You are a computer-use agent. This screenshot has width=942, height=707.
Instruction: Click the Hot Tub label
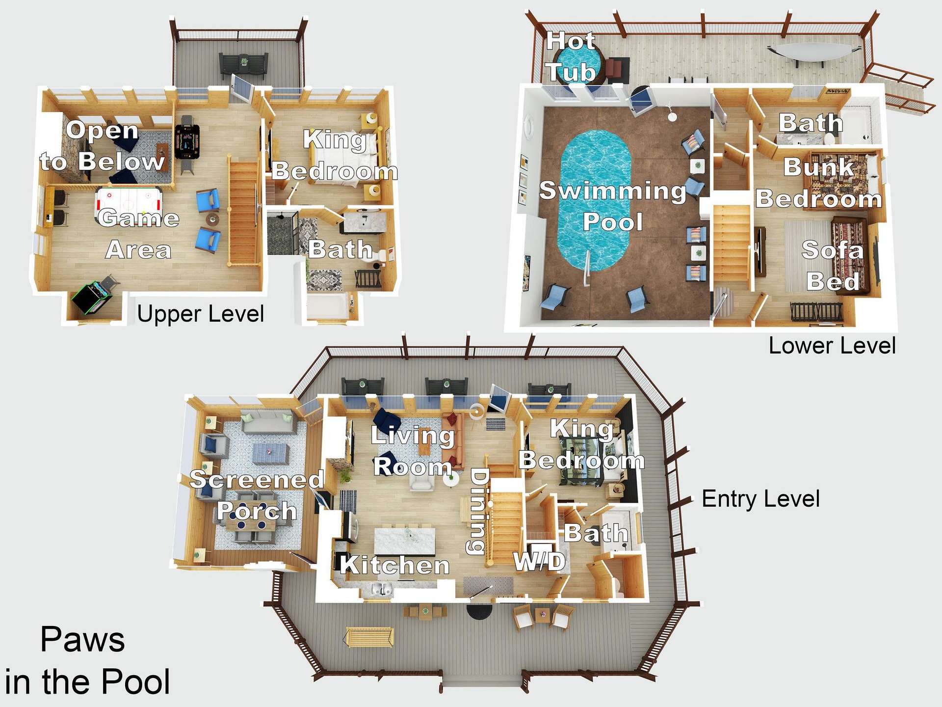coord(571,56)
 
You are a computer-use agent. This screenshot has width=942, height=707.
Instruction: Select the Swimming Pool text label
coord(612,206)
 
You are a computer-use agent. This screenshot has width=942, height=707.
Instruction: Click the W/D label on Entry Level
coord(539,561)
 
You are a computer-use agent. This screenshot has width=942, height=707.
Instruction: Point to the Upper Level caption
coord(200,314)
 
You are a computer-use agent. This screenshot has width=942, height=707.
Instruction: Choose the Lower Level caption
coord(832,346)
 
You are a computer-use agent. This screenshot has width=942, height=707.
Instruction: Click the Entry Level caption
coord(760,499)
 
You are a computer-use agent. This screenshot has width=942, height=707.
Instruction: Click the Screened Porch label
coord(257,495)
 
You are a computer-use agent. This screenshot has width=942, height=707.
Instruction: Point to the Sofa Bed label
coord(832,266)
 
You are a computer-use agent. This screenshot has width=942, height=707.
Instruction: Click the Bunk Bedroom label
coord(818,183)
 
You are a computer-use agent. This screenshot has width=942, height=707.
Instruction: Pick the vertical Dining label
coord(479,511)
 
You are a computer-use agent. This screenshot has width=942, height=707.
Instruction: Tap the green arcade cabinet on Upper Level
coord(92,298)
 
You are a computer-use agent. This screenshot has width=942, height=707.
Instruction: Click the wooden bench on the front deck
coord(369,637)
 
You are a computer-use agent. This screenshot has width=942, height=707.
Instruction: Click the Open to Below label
coord(102,146)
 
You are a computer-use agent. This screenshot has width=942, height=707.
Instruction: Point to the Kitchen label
coord(395,565)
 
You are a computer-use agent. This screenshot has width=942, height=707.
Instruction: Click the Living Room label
coord(412,451)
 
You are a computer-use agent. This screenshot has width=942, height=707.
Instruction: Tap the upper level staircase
coord(244,213)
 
